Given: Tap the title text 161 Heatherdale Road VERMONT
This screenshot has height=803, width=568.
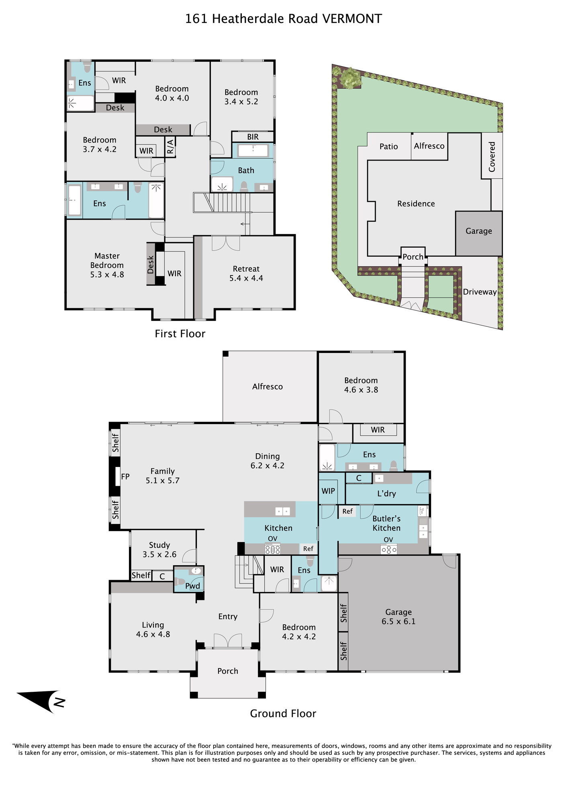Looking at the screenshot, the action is (284, 18).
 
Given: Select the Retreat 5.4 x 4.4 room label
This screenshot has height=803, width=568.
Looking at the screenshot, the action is (246, 273).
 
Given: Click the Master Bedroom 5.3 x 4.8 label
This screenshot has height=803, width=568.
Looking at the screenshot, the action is (107, 265).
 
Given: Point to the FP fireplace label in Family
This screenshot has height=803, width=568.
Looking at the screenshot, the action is (125, 477).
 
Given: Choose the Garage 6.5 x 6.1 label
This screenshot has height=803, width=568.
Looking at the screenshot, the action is (398, 617).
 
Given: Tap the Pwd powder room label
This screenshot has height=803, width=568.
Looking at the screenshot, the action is (192, 586).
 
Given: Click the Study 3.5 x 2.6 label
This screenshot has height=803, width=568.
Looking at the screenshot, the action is (159, 550).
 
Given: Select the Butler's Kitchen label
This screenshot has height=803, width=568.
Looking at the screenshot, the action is (386, 523).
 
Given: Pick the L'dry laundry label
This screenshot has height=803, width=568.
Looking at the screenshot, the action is (386, 494).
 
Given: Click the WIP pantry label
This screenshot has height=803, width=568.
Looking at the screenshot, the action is (328, 491).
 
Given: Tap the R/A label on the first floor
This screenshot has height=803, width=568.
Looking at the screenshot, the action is (170, 147).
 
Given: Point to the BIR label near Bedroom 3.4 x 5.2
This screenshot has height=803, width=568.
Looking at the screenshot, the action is (253, 137).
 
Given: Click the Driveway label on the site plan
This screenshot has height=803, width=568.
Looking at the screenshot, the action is (480, 292).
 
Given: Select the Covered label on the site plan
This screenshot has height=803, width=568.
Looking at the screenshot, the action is (492, 157).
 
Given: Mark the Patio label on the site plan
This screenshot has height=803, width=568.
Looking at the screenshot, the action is (389, 147).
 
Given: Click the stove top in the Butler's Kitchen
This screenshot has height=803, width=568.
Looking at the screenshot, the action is (389, 549).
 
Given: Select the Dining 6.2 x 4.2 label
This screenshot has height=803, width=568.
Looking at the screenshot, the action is (268, 461).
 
